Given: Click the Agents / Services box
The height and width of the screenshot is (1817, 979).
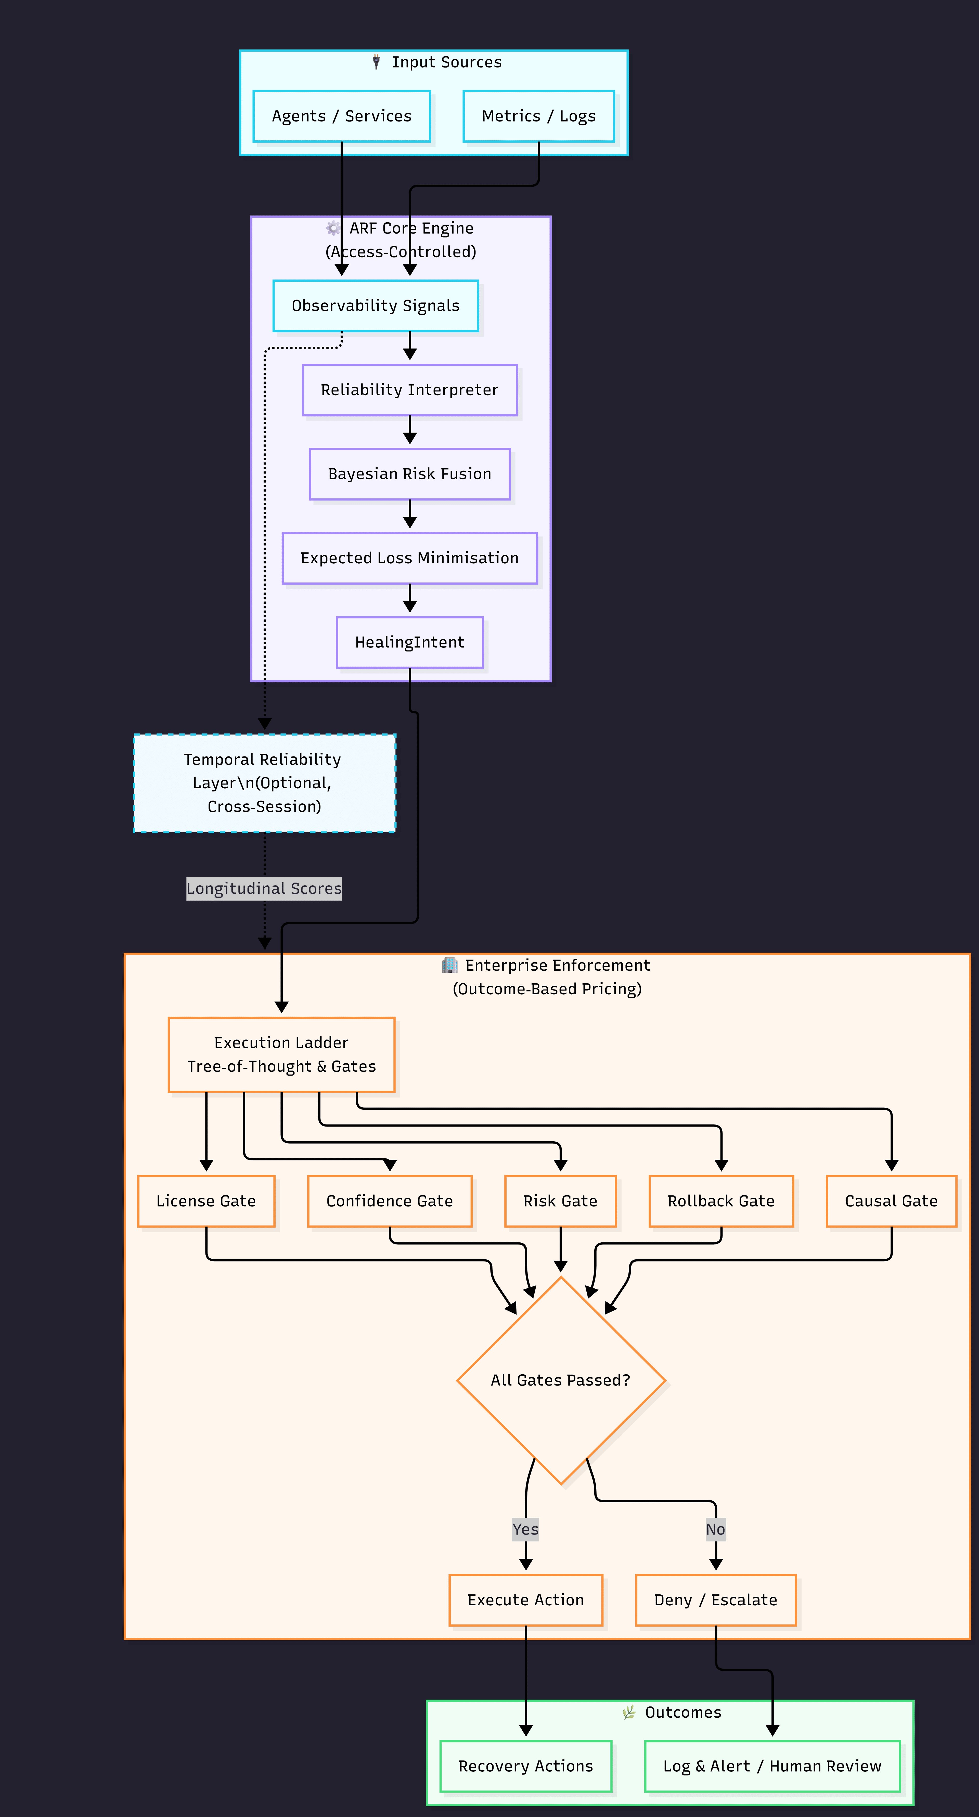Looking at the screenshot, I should coord(342,116).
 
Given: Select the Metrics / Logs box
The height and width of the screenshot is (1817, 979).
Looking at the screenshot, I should coord(538,116).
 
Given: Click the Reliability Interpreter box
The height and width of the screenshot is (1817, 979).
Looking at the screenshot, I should coord(409,390).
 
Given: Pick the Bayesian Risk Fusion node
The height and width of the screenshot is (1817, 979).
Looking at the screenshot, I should coord(409,474).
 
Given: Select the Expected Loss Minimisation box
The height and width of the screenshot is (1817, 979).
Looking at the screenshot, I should coord(409,558).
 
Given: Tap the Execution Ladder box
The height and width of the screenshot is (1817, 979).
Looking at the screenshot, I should coord(281,1054).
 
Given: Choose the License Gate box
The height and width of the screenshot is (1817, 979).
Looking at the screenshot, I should coord(206,1201).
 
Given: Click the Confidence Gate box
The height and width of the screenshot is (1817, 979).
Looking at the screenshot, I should coord(390,1201).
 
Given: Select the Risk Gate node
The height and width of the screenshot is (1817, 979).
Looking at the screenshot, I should coord(560,1201).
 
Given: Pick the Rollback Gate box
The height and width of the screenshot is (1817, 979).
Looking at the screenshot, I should coord(721,1201).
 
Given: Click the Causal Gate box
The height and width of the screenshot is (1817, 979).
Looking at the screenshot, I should coord(892,1201).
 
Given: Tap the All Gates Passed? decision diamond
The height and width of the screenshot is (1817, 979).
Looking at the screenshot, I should coord(560,1380).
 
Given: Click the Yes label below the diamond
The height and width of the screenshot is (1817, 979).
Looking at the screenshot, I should coord(525,1529).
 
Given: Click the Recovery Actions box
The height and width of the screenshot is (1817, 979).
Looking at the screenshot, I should coord(525,1766).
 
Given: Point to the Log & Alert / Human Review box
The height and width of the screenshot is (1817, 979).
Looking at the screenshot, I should coord(772,1766).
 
